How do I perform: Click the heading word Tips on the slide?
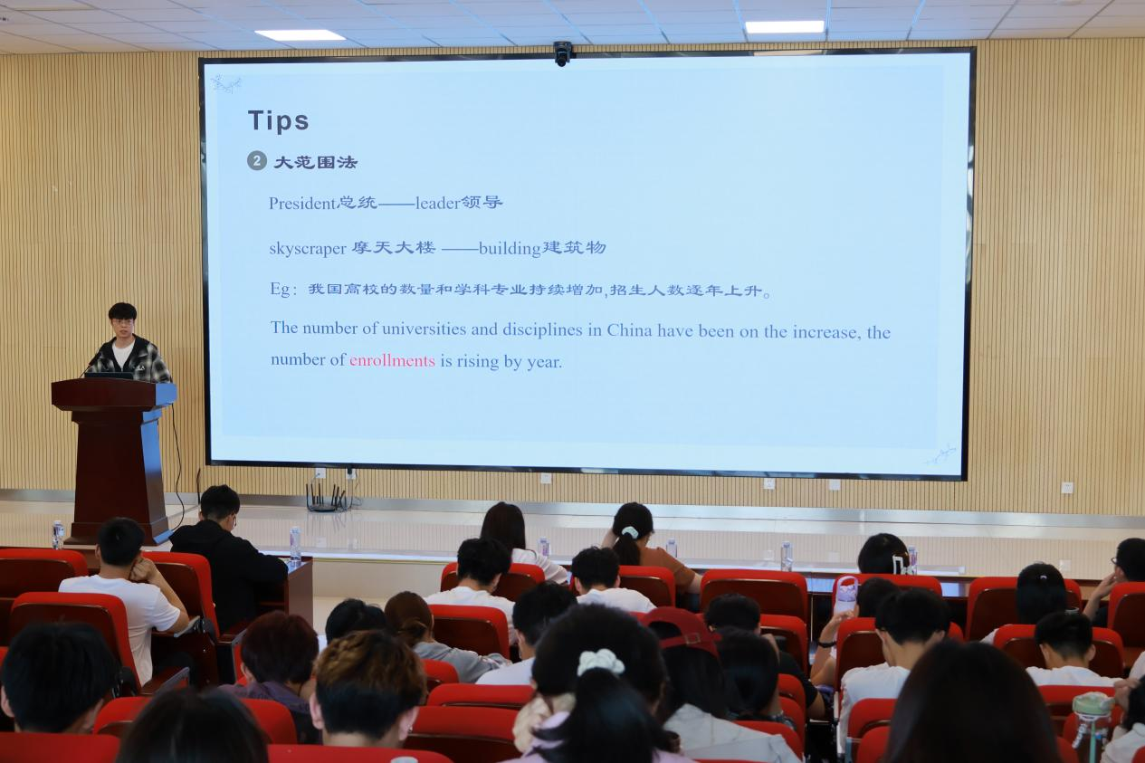click(x=279, y=121)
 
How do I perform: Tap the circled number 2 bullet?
click(x=256, y=161)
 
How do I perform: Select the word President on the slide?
click(x=302, y=204)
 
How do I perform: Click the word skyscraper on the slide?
click(x=308, y=249)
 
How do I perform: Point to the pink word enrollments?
click(x=392, y=361)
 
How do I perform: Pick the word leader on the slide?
click(x=437, y=204)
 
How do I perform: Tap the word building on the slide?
click(x=510, y=249)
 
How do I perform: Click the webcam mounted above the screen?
click(x=562, y=53)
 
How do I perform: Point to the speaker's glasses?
click(x=123, y=322)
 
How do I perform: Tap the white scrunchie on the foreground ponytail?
click(x=600, y=663)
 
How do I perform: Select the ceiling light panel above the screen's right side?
click(x=785, y=26)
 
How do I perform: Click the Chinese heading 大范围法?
click(x=315, y=163)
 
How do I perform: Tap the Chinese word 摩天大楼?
click(x=394, y=248)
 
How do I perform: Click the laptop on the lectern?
click(x=109, y=375)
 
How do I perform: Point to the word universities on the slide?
click(x=424, y=329)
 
